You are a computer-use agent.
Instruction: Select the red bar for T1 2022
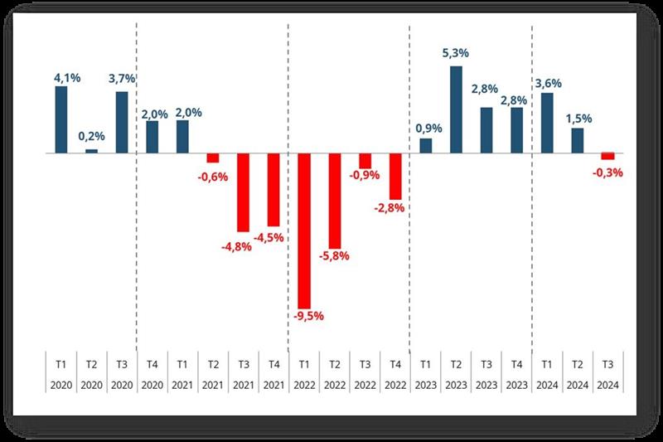click(x=304, y=231)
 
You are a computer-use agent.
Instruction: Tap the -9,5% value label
click(x=304, y=316)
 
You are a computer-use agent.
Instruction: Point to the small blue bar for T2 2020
click(x=91, y=151)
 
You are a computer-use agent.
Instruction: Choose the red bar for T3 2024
click(x=607, y=157)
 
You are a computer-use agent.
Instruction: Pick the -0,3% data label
click(x=607, y=173)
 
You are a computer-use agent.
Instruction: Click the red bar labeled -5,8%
click(x=334, y=201)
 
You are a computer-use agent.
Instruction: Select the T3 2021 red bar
click(x=243, y=192)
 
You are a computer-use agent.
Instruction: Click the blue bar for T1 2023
click(x=425, y=146)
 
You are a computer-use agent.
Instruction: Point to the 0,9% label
click(x=425, y=129)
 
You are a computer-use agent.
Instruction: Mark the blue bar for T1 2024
click(x=547, y=123)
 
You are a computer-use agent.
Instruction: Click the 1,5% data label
click(x=578, y=118)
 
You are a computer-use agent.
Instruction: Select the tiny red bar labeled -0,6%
click(x=213, y=158)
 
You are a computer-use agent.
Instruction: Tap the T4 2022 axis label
click(x=395, y=374)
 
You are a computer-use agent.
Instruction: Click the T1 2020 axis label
click(x=60, y=374)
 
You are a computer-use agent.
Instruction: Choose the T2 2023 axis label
click(x=456, y=374)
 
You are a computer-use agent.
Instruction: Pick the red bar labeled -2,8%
click(x=395, y=176)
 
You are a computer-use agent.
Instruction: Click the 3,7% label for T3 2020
click(x=122, y=79)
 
